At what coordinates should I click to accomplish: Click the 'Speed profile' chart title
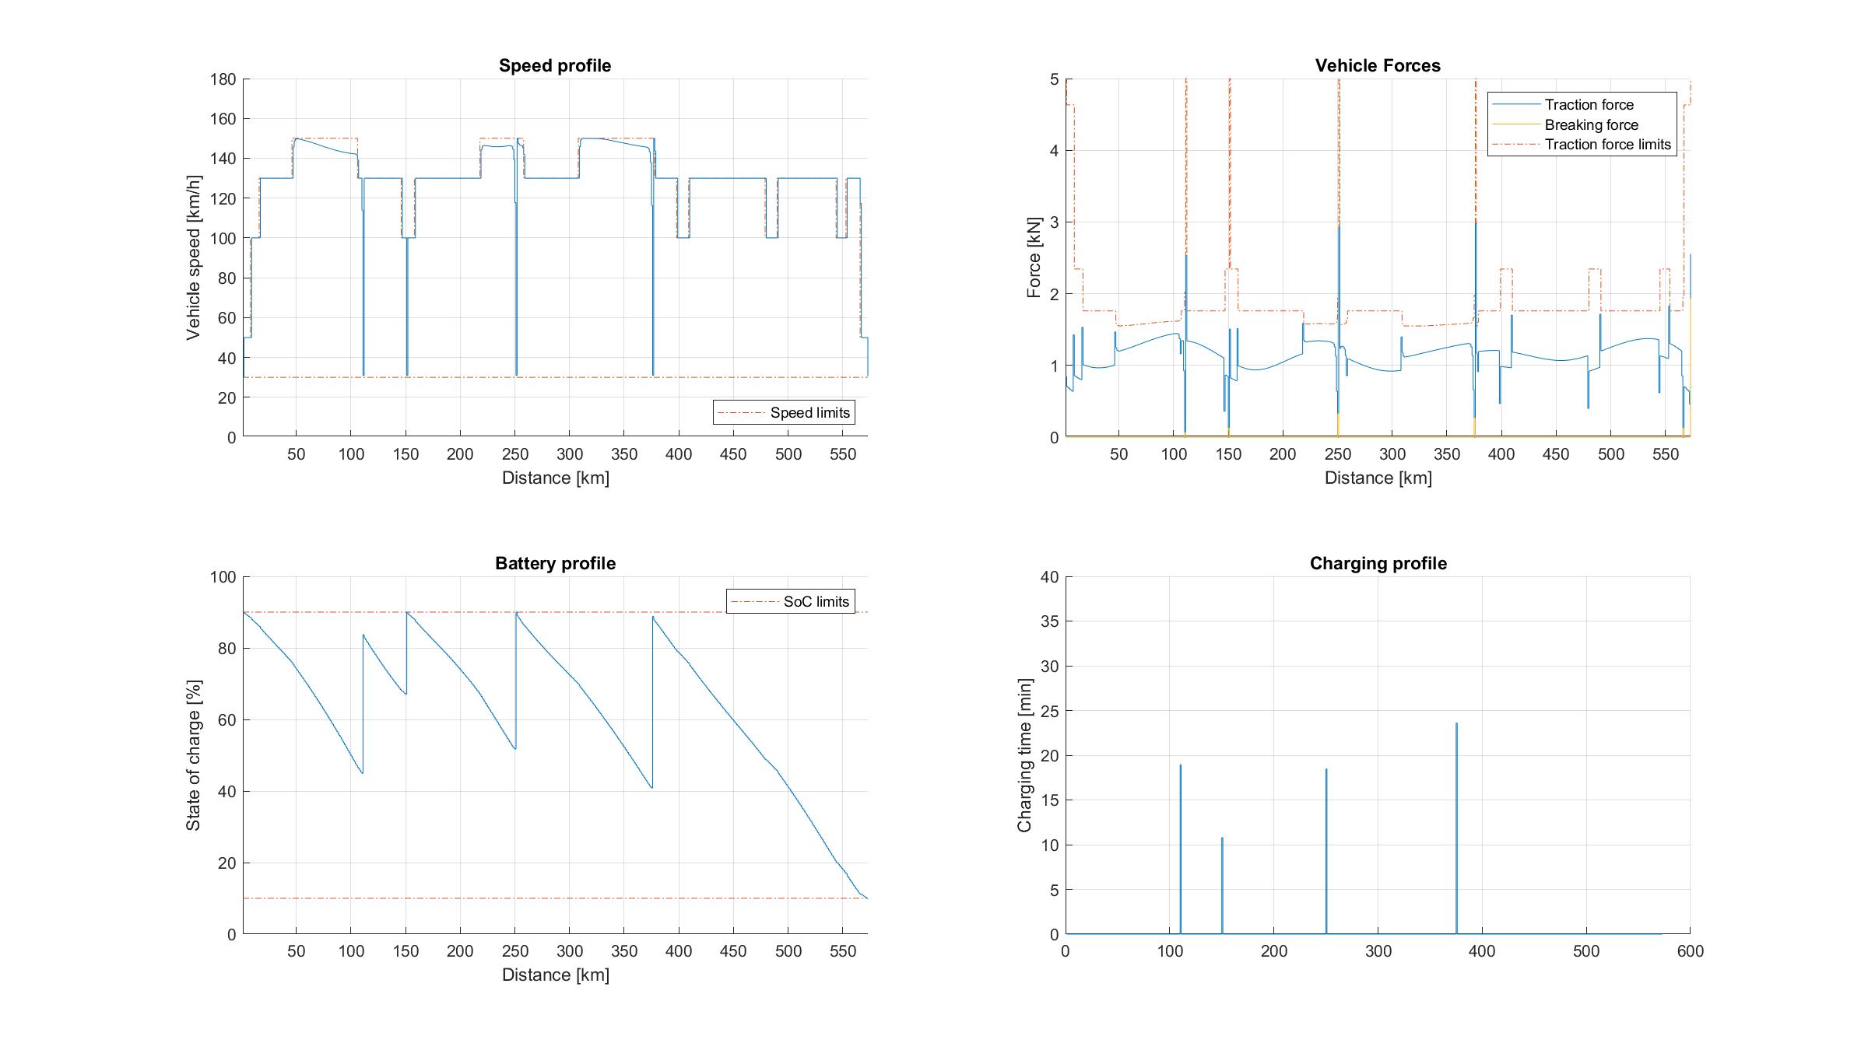555,66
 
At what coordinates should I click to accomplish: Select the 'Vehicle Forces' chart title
1378,66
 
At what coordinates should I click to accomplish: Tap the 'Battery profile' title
555,564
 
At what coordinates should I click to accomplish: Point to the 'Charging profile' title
1378,564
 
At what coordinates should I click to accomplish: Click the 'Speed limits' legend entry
809,413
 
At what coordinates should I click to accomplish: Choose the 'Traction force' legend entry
1589,105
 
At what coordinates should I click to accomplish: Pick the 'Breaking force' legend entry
1591,125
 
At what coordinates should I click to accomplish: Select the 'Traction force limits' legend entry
1607,145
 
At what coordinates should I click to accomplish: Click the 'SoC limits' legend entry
816,601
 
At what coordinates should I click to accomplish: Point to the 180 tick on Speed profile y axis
223,79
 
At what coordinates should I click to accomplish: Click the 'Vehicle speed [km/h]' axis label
193,257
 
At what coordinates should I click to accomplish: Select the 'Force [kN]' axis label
1034,257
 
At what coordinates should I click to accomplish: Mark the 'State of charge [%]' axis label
193,755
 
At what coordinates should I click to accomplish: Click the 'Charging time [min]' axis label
1024,755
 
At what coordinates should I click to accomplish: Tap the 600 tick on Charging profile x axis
1690,951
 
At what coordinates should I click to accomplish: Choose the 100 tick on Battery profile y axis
223,577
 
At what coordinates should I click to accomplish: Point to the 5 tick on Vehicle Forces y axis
1054,79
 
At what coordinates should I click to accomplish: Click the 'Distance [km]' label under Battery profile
555,975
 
